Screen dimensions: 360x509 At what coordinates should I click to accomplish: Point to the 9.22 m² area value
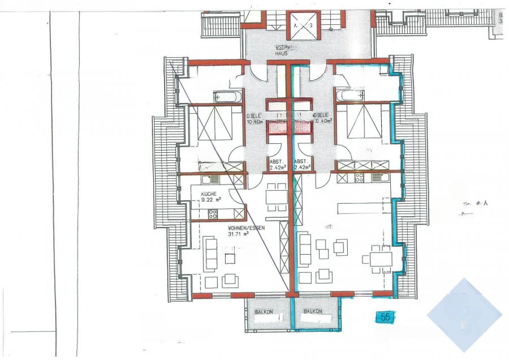[211, 199]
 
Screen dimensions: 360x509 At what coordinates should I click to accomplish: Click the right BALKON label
[312, 312]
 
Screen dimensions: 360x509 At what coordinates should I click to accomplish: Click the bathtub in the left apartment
[227, 96]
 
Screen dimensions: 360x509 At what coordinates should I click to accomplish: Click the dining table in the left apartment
[276, 196]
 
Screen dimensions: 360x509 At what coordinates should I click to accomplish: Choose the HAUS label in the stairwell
[282, 53]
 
